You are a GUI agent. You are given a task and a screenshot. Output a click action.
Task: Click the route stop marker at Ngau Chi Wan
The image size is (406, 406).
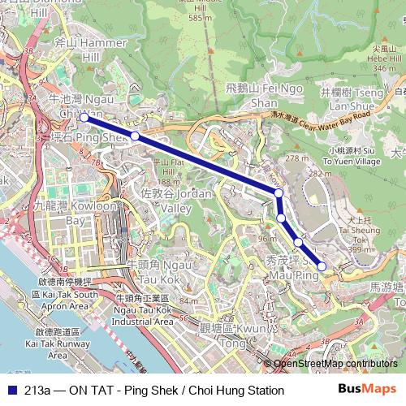[x=84, y=119]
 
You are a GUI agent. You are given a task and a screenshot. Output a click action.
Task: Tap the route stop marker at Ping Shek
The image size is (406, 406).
[x=135, y=136]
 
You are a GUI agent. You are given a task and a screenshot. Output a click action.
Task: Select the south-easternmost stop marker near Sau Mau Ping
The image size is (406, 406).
[x=322, y=266]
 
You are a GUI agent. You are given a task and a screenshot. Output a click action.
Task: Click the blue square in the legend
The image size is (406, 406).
[x=11, y=391]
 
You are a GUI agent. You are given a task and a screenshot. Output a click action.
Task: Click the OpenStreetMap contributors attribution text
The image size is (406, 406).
[x=335, y=364]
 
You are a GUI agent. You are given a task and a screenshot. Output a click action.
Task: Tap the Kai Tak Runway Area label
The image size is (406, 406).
[x=57, y=343]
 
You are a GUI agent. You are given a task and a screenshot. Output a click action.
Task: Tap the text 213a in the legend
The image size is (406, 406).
[x=40, y=391]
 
